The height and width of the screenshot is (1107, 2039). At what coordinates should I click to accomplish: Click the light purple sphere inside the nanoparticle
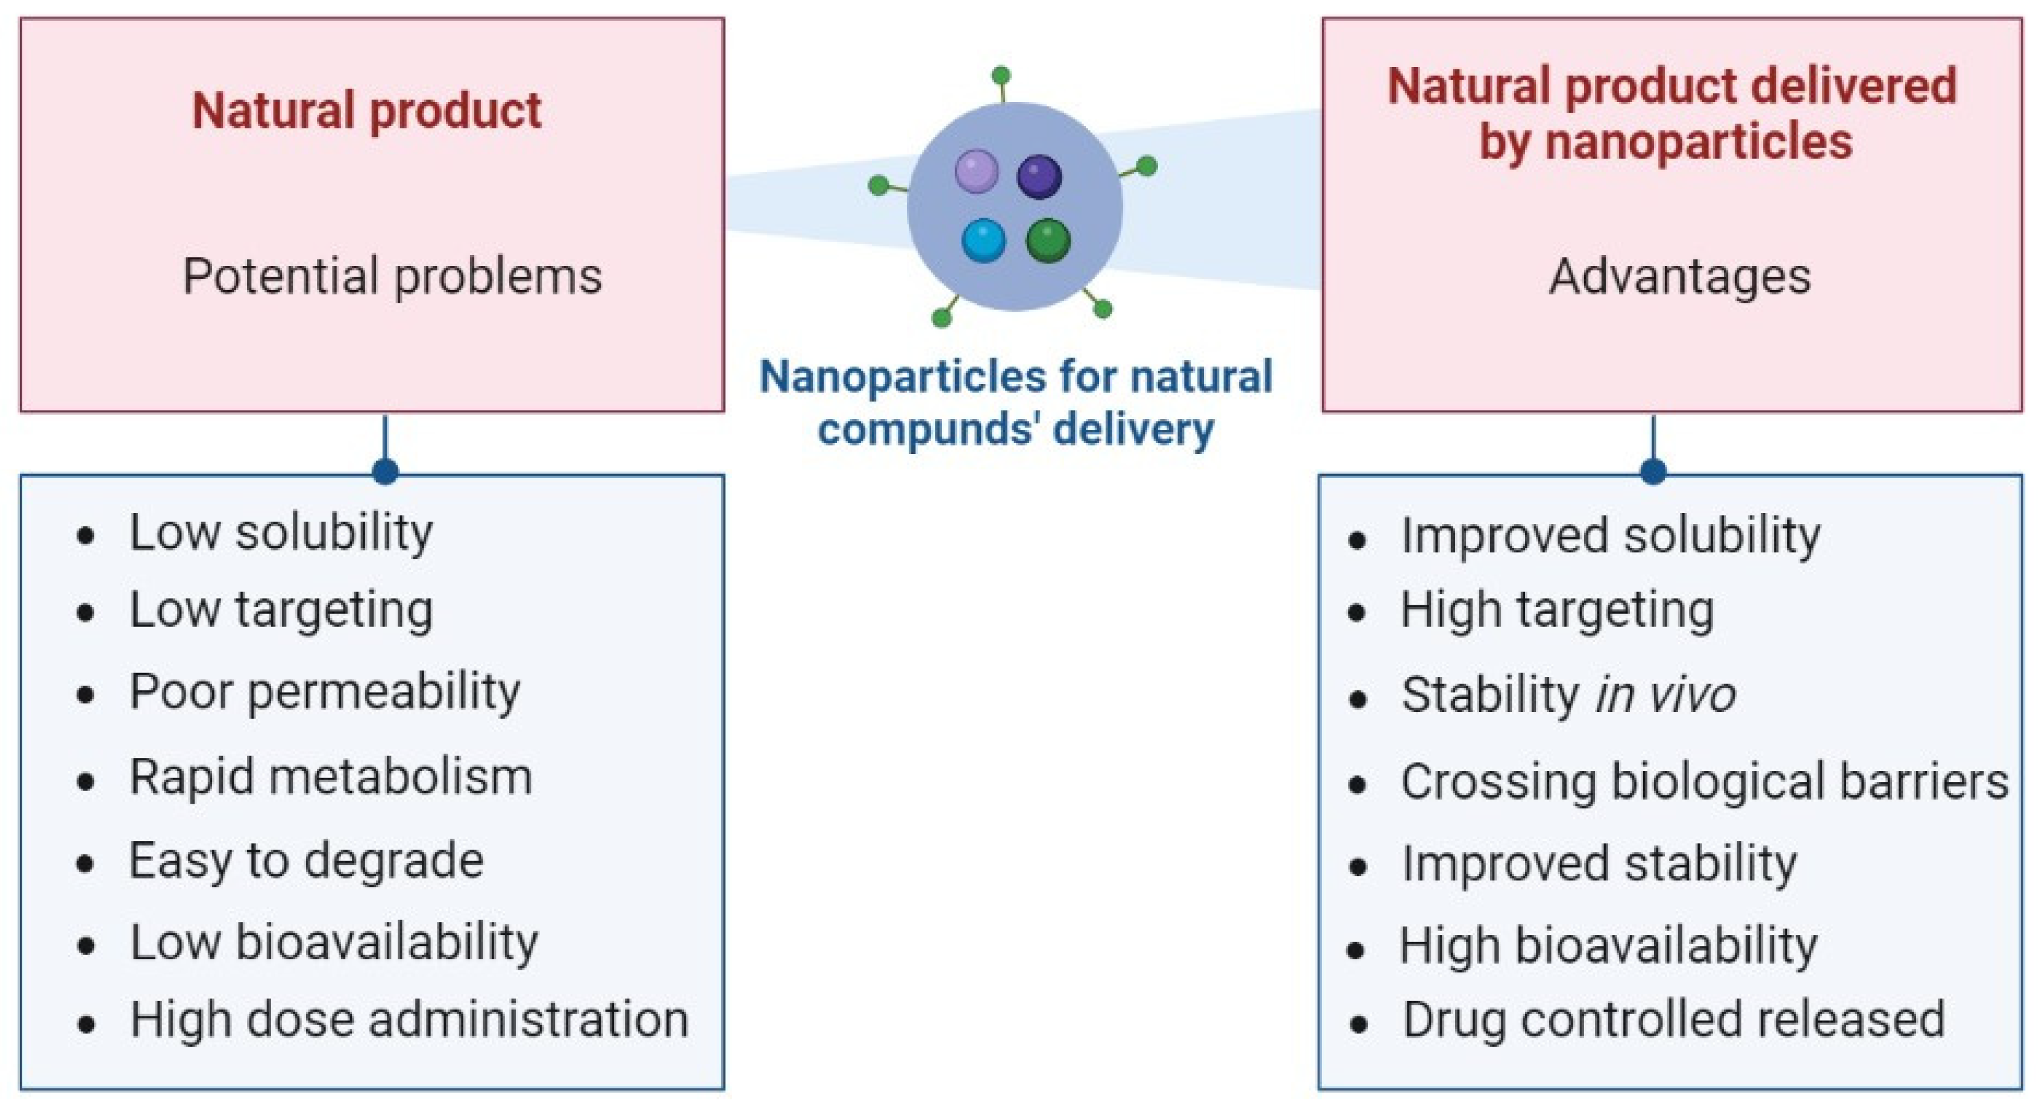coord(976,172)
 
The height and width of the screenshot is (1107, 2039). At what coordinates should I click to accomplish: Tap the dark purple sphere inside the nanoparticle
coord(1039,176)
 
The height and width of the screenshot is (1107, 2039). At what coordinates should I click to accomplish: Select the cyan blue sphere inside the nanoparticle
coord(983,240)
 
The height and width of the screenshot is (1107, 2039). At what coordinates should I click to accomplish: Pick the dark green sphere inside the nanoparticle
coord(1048,240)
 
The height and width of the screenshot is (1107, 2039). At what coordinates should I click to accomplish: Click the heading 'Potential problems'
coord(392,276)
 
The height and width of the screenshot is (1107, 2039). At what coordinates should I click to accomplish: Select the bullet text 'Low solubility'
coord(281,532)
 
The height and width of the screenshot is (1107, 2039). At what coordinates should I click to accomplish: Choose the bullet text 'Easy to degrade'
coord(306,861)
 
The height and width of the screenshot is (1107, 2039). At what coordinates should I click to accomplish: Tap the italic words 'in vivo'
coord(1666,695)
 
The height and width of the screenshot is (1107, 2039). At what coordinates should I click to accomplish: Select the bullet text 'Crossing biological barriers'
coord(1704,781)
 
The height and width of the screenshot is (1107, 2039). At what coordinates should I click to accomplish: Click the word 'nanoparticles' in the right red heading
coord(1699,142)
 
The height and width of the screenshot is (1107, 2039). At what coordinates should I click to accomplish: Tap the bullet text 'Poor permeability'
coord(325,693)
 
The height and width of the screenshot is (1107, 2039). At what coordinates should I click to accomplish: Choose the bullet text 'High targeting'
coord(1557,611)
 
